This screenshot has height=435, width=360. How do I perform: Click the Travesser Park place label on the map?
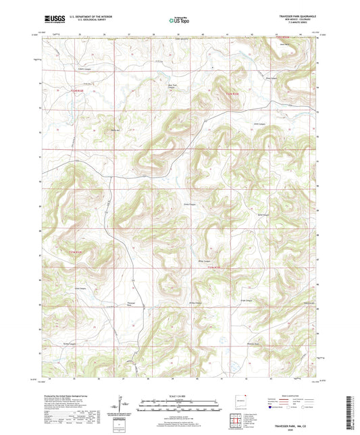pos(132,305)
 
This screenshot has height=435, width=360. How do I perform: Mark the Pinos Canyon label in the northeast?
pos(272,78)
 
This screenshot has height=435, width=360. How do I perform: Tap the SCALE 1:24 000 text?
pos(180,396)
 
